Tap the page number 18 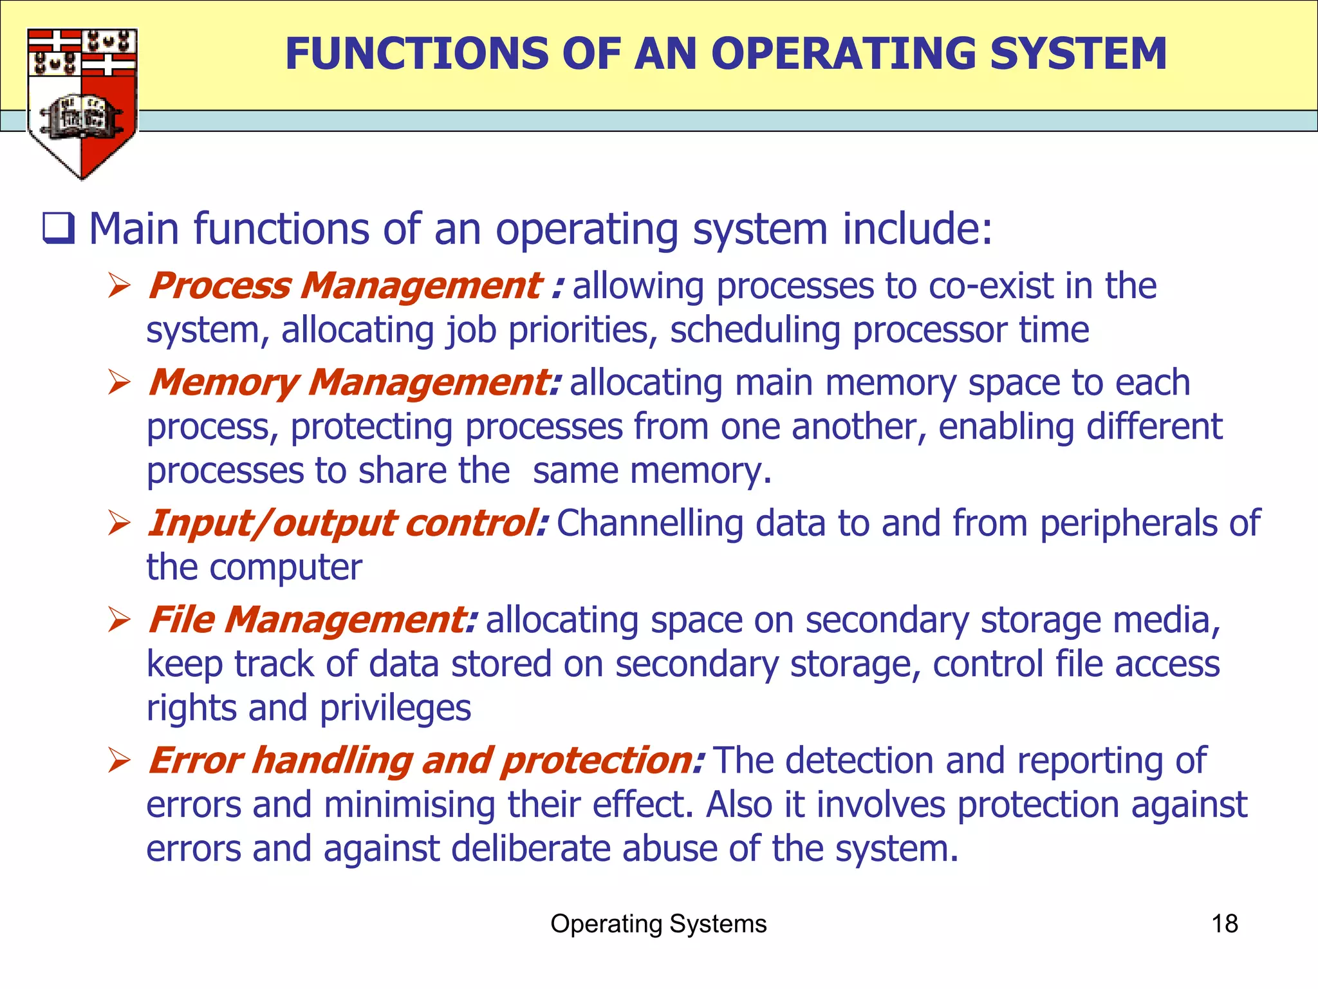click(1224, 924)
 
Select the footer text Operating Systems click(658, 924)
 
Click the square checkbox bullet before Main click(59, 229)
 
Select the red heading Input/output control click(348, 523)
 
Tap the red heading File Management click(312, 619)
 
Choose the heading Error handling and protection click(425, 760)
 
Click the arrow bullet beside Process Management click(120, 285)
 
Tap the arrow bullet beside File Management click(120, 619)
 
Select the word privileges click(395, 709)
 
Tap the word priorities click(582, 331)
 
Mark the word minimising click(410, 805)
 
